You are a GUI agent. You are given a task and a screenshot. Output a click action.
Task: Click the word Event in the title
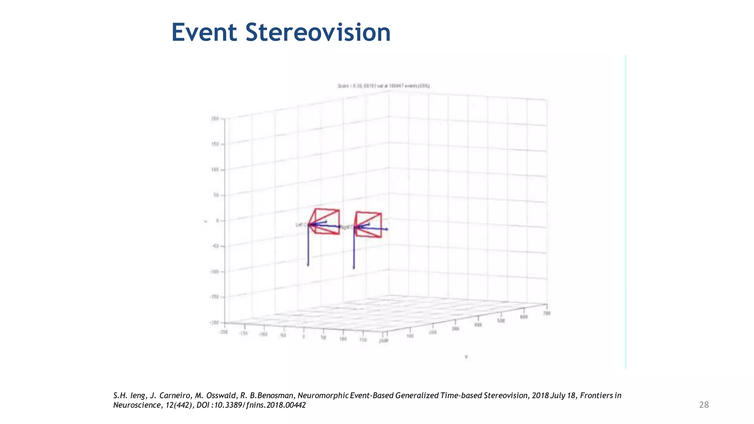pos(204,32)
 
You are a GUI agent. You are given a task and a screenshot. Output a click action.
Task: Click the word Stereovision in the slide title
pos(318,32)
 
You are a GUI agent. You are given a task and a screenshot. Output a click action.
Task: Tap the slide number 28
pos(704,405)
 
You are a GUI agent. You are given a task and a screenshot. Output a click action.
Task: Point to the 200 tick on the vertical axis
pos(215,119)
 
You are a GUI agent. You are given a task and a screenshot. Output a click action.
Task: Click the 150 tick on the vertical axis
pos(215,144)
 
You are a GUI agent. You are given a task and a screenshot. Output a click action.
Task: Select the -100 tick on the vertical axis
pos(214,272)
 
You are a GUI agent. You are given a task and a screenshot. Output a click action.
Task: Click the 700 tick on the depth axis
pos(547,313)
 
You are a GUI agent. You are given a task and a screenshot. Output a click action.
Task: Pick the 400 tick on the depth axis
pos(478,325)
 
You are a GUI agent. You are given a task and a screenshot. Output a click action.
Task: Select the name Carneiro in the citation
pos(175,396)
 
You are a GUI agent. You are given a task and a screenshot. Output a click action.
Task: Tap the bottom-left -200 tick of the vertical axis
pos(214,323)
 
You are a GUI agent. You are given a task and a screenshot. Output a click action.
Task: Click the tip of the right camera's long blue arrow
pos(387,229)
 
